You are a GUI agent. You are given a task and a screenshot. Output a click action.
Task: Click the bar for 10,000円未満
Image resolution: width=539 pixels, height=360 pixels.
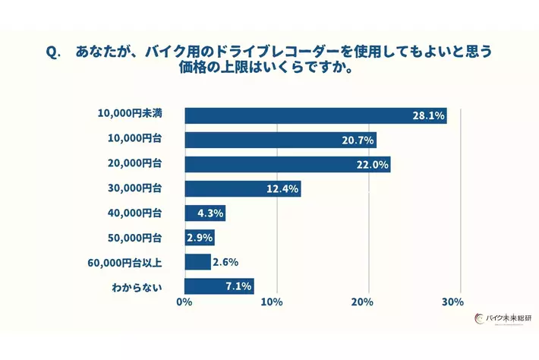click(x=315, y=115)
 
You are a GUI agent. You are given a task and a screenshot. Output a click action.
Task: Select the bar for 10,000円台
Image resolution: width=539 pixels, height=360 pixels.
click(x=280, y=140)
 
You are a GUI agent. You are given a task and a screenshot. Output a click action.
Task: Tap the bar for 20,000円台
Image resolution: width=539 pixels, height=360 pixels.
click(x=287, y=164)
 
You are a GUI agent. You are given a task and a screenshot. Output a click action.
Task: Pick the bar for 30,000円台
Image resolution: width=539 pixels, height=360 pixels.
click(x=242, y=188)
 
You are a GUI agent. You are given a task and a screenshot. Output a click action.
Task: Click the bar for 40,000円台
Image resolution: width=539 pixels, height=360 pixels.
click(x=204, y=213)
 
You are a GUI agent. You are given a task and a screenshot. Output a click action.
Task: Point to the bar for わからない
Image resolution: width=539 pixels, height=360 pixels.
click(x=219, y=286)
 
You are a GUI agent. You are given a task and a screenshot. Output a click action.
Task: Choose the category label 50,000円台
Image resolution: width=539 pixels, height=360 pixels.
click(x=136, y=238)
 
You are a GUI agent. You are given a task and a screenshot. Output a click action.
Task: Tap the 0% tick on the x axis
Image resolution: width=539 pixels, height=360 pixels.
click(x=184, y=302)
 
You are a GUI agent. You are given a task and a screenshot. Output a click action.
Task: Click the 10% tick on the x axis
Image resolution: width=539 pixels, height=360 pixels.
click(x=272, y=302)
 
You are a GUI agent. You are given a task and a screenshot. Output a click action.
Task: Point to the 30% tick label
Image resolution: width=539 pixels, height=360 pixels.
click(x=452, y=302)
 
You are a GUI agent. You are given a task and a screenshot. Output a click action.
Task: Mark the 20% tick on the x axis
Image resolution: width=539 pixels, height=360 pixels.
click(x=362, y=302)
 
